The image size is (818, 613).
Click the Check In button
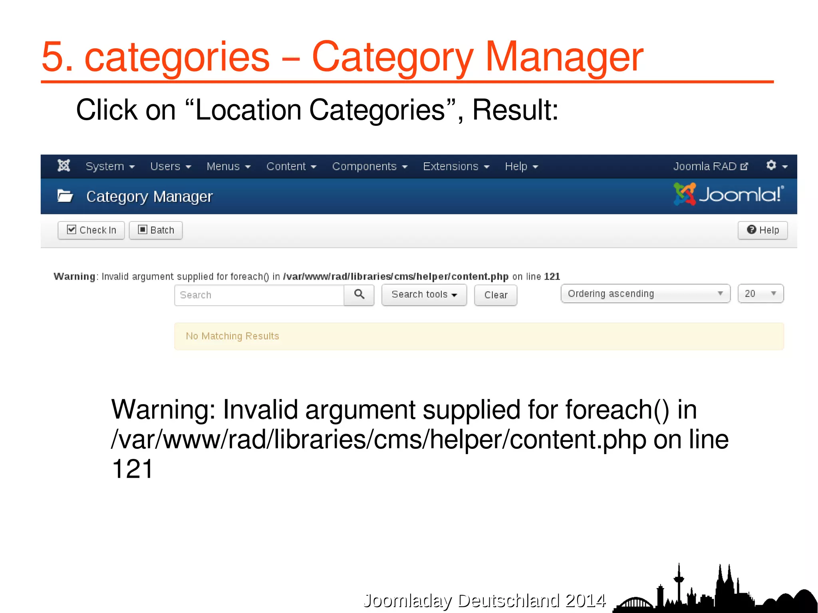(91, 230)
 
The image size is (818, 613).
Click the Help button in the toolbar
(762, 230)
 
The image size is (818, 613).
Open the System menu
(110, 167)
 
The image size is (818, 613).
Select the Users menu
(171, 167)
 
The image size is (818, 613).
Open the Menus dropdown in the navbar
(228, 167)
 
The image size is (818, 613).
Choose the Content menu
(291, 167)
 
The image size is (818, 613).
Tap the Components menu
(369, 167)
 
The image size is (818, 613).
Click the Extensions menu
(456, 167)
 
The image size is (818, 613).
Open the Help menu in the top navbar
(521, 167)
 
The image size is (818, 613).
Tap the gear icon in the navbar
(776, 166)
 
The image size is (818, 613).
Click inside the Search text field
(259, 295)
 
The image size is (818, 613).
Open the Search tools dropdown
(424, 295)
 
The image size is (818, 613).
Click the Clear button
(495, 295)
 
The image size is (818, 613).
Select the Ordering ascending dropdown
(645, 294)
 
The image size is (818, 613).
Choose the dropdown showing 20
(760, 294)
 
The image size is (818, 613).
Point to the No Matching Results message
(232, 336)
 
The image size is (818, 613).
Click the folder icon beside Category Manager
(65, 196)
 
